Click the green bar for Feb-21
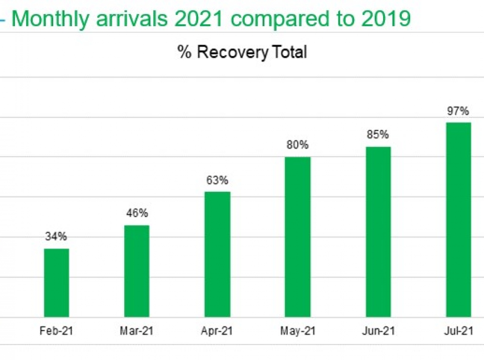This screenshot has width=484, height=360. pyautogui.click(x=56, y=283)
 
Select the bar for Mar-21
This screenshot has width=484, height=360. pyautogui.click(x=137, y=271)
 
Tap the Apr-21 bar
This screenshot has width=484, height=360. pyautogui.click(x=217, y=254)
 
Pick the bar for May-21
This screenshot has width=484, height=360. pyautogui.click(x=298, y=237)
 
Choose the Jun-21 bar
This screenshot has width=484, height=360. pyautogui.click(x=378, y=232)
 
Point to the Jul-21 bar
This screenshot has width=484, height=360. pyautogui.click(x=459, y=220)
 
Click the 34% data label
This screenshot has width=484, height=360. pyautogui.click(x=56, y=237)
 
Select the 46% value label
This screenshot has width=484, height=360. pyautogui.click(x=137, y=213)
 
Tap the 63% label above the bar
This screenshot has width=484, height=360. pyautogui.click(x=217, y=180)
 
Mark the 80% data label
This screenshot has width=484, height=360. pyautogui.click(x=298, y=145)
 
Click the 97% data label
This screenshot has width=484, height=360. pyautogui.click(x=458, y=111)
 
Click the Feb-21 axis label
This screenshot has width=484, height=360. pyautogui.click(x=56, y=331)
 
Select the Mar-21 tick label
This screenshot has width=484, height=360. pyautogui.click(x=137, y=331)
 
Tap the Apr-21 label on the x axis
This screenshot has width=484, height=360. pyautogui.click(x=217, y=331)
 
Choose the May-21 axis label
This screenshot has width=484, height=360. pyautogui.click(x=298, y=331)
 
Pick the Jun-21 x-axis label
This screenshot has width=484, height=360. pyautogui.click(x=378, y=331)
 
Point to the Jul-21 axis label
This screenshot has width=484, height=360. pyautogui.click(x=458, y=331)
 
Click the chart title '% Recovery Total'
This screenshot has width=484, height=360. pyautogui.click(x=242, y=53)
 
